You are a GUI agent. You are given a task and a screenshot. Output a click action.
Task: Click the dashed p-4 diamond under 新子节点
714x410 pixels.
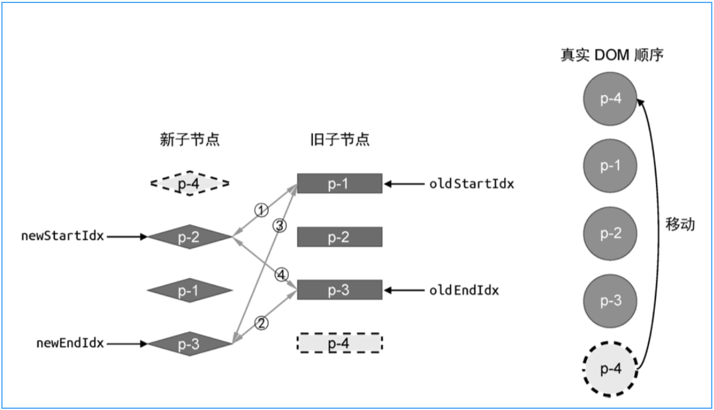click(189, 183)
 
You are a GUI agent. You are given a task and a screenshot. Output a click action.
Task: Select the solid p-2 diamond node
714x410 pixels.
click(189, 237)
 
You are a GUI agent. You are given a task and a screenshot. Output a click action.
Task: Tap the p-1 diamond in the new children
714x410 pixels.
click(189, 291)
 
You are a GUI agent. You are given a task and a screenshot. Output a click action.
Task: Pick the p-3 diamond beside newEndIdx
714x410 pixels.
click(189, 344)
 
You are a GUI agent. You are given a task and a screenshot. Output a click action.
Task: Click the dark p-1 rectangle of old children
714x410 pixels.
click(340, 183)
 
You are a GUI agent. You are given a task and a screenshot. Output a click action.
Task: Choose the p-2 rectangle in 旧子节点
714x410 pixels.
click(340, 237)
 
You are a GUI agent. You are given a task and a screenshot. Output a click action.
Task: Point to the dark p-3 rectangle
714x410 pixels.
click(340, 290)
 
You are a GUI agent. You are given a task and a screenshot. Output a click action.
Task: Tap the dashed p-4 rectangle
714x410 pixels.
click(340, 343)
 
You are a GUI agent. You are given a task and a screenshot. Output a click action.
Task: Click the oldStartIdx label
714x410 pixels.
click(472, 184)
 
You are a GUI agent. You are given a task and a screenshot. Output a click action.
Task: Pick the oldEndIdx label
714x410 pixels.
click(464, 291)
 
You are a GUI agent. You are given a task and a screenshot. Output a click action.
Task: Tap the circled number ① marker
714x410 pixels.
click(261, 210)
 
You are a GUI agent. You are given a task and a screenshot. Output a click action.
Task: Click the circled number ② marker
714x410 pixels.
click(261, 323)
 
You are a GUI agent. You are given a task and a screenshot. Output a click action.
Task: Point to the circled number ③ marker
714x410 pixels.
click(279, 226)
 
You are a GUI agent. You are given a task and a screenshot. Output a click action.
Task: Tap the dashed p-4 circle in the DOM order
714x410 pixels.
click(610, 368)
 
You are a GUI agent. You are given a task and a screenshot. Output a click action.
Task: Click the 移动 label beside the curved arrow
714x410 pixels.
click(680, 225)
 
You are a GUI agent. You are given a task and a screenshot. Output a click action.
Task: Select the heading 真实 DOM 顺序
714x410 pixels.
click(611, 55)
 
